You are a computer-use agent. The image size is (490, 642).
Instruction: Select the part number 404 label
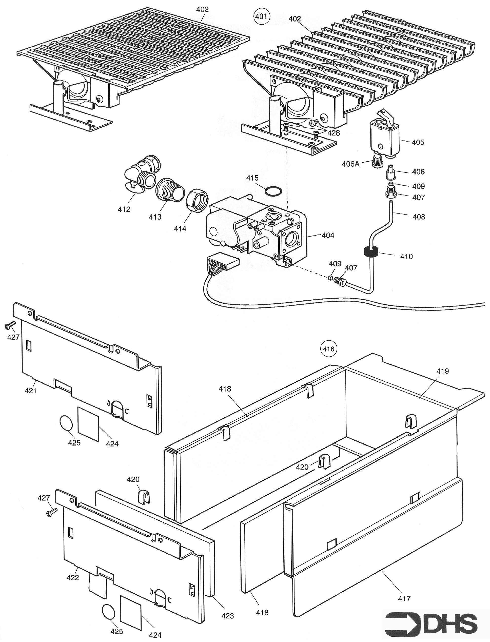coord(328,235)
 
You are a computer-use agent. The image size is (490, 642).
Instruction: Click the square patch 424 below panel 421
coord(88,424)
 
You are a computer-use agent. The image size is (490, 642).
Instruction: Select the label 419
coord(442,371)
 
